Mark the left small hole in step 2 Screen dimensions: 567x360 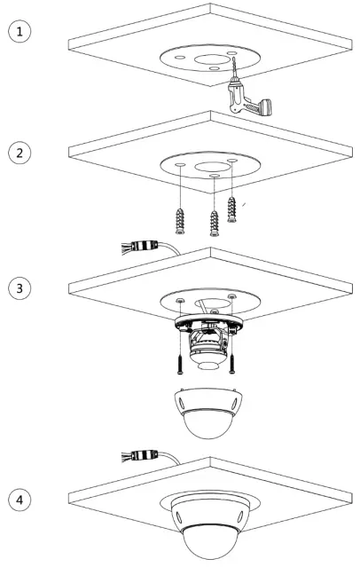(x=180, y=166)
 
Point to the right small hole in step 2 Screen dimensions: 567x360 (x=232, y=159)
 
